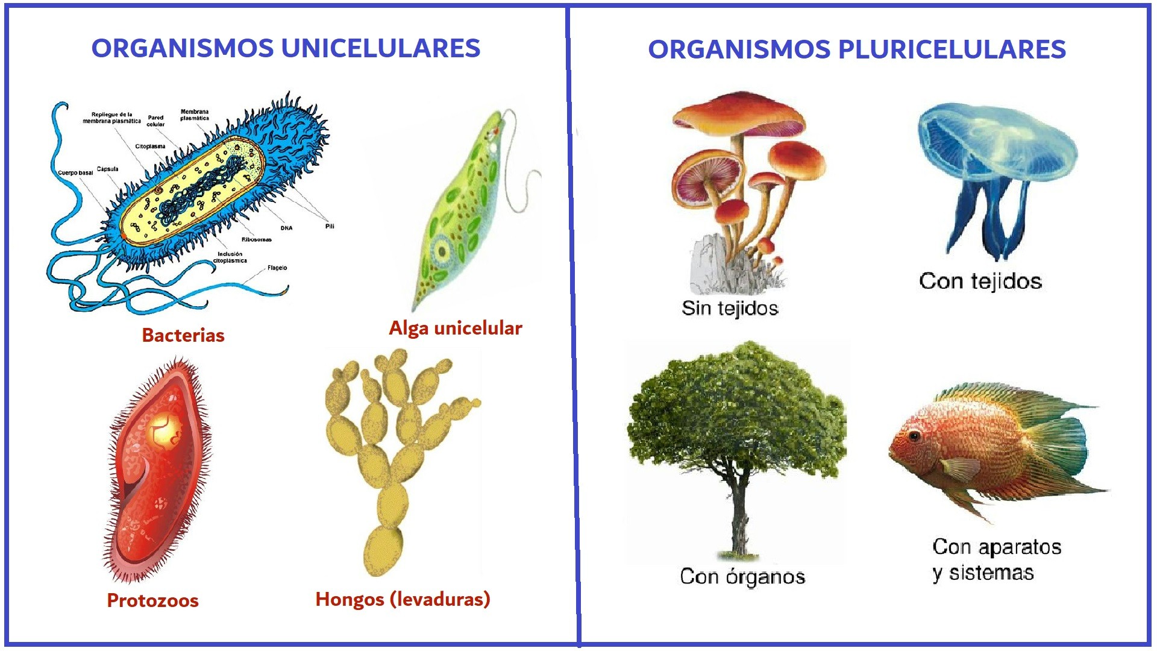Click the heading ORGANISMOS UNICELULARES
point(286,48)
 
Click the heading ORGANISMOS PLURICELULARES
point(856,49)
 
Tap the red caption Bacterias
point(183,335)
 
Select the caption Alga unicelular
point(455,328)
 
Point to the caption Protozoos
point(152,600)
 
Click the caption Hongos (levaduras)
point(403,599)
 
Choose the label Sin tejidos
point(730,308)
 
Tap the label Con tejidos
point(980,281)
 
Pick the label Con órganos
point(742,576)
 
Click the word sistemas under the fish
point(991,572)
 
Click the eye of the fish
point(915,435)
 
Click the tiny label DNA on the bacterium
point(286,228)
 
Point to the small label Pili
point(330,226)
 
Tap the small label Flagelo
point(277,268)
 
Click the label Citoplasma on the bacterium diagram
point(150,146)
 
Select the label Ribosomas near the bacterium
point(257,239)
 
